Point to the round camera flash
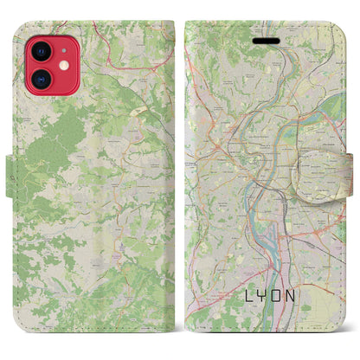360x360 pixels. click(63, 61)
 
